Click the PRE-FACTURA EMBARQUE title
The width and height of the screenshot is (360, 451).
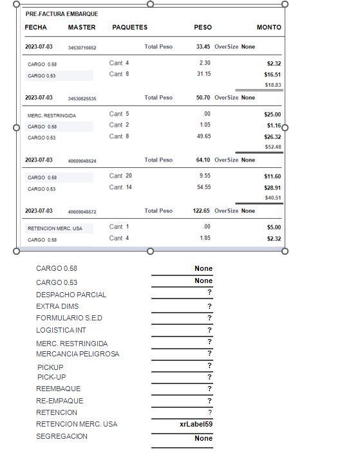tap(62, 14)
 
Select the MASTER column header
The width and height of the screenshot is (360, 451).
tap(82, 28)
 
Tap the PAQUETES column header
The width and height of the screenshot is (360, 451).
tap(129, 28)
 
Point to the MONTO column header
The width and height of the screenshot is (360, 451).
tap(269, 28)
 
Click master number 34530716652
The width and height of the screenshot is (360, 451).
tap(82, 48)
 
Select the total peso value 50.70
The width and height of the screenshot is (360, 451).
tap(203, 98)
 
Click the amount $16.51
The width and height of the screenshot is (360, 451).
tap(272, 75)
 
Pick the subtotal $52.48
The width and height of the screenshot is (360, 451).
tap(273, 147)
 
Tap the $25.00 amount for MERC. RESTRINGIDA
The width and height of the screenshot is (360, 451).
tap(272, 115)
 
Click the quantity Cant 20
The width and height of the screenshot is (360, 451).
tap(120, 176)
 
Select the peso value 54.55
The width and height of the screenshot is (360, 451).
tap(204, 187)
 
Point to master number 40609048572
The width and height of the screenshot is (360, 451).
tap(82, 212)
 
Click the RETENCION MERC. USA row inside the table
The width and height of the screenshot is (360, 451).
tap(55, 228)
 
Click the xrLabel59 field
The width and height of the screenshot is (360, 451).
tap(196, 425)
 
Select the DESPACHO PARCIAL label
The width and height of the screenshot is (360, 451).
tap(71, 295)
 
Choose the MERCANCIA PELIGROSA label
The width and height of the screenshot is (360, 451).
tap(77, 354)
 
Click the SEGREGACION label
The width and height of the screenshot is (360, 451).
tap(62, 436)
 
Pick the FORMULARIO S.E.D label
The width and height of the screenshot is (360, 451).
tap(69, 318)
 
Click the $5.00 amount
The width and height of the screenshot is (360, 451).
tap(274, 227)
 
